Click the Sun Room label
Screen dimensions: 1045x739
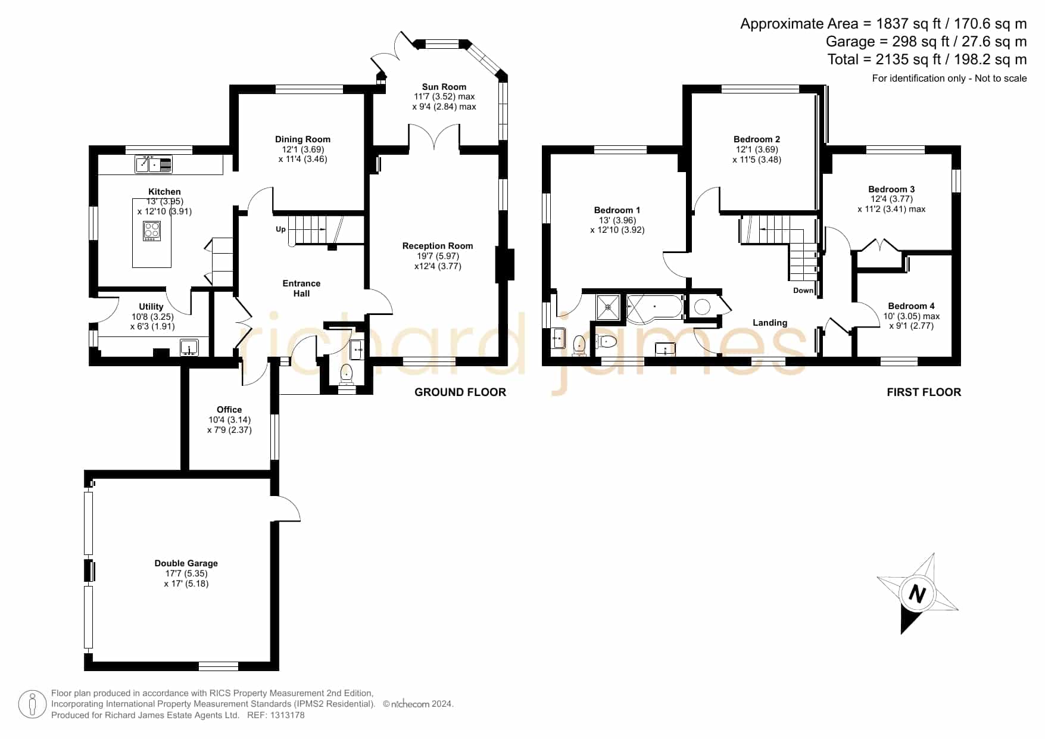[444, 87]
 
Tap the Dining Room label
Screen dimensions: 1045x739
[302, 139]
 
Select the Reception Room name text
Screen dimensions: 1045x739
[438, 246]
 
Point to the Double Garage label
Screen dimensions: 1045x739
[186, 563]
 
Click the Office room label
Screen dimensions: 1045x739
[229, 410]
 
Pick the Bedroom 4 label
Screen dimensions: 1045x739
[911, 306]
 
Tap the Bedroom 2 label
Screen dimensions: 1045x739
[757, 139]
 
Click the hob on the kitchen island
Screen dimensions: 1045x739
[152, 230]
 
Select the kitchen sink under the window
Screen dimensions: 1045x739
[154, 164]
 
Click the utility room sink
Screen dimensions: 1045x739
[189, 347]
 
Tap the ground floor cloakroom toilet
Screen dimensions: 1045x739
[346, 373]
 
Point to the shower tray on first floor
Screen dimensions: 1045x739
[609, 307]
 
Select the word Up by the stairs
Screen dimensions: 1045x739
[280, 229]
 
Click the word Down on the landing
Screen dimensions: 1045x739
[803, 291]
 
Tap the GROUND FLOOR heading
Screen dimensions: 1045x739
[460, 392]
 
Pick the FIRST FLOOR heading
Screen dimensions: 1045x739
[924, 392]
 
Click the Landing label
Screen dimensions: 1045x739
[770, 323]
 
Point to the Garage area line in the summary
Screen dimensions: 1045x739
[927, 42]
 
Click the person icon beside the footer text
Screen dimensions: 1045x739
[32, 704]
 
